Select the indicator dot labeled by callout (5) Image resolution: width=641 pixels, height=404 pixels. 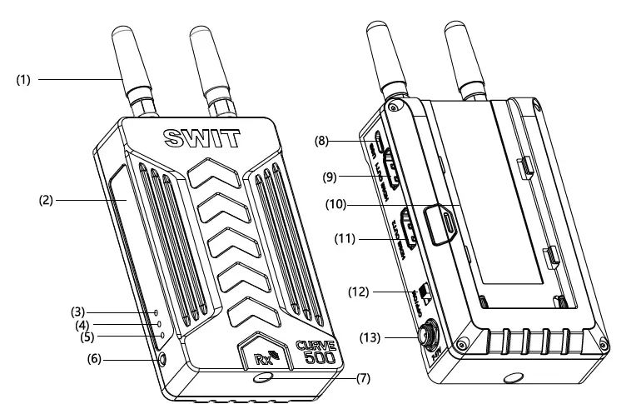161,336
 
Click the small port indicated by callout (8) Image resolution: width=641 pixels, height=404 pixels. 379,142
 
